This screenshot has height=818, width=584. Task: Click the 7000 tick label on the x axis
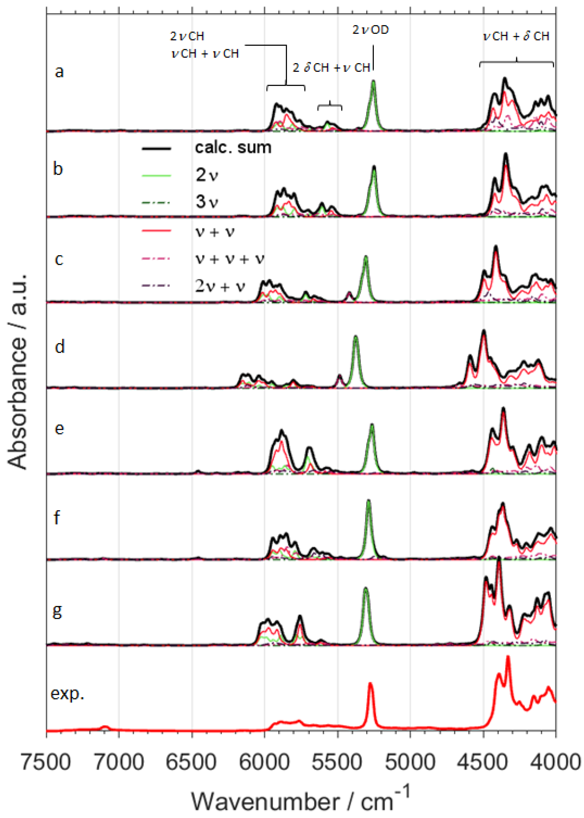click(x=119, y=762)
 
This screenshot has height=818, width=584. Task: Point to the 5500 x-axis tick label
click(x=337, y=762)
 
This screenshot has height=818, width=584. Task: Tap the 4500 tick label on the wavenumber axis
click(x=483, y=762)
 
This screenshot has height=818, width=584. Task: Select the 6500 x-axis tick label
click(x=192, y=762)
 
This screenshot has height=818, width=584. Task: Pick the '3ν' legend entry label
click(x=207, y=202)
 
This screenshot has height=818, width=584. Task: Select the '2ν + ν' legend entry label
click(x=220, y=286)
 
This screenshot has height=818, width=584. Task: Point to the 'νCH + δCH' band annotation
click(x=516, y=36)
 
